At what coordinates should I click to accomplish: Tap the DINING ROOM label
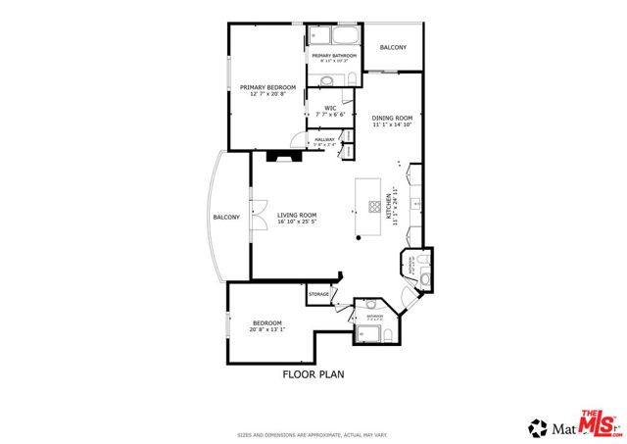coord(393,119)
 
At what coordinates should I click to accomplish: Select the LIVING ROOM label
coord(296,215)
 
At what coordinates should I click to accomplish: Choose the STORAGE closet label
coord(318,294)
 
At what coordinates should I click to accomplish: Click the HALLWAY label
coord(324,140)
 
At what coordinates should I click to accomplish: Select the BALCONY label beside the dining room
coord(393,47)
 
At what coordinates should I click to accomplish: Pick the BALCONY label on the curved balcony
coord(226,217)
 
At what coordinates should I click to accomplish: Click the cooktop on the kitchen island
coord(374,206)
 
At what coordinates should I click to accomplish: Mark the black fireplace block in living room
coord(284,154)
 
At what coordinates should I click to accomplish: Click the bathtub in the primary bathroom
coord(335,38)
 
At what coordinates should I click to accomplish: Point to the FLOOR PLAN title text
coord(313,373)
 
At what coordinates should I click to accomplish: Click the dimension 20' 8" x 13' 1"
coord(267,330)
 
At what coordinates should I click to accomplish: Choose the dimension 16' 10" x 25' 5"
coord(296,222)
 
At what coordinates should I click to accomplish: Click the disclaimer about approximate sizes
coord(313,435)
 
